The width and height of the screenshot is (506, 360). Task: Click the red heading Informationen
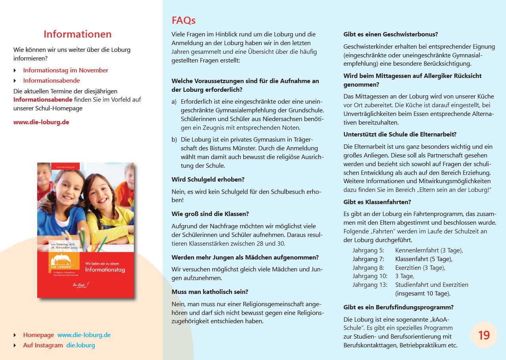pyautogui.click(x=78, y=34)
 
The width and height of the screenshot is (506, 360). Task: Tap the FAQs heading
pyautogui.click(x=184, y=20)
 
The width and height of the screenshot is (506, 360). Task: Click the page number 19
pyautogui.click(x=484, y=335)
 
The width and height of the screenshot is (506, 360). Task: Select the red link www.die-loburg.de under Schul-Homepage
pyautogui.click(x=41, y=122)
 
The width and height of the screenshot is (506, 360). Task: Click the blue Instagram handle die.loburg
pyautogui.click(x=80, y=345)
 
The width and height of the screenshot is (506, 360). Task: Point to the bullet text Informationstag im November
pyautogui.click(x=66, y=70)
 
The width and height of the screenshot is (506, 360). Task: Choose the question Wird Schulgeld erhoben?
pyautogui.click(x=208, y=179)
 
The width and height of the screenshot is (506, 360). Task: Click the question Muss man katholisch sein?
pyautogui.click(x=210, y=292)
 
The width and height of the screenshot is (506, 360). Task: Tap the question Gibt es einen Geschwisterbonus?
pyautogui.click(x=390, y=34)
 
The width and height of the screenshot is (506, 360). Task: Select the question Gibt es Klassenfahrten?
pyautogui.click(x=377, y=202)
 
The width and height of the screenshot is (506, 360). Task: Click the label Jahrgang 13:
pyautogui.click(x=370, y=284)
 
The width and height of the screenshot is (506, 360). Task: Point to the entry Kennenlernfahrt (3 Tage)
pyautogui.click(x=429, y=250)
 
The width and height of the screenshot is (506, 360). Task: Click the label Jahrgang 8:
pyautogui.click(x=368, y=267)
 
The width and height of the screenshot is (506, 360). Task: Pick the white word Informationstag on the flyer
pyautogui.click(x=105, y=270)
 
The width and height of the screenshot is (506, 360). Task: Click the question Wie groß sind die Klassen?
pyautogui.click(x=210, y=214)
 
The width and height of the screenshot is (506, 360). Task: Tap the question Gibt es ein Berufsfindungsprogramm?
pyautogui.click(x=398, y=307)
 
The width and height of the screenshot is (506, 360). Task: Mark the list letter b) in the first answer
pyautogui.click(x=174, y=139)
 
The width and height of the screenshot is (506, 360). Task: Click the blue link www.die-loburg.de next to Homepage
pyautogui.click(x=84, y=335)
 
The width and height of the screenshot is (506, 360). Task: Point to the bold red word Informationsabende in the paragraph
pyautogui.click(x=43, y=99)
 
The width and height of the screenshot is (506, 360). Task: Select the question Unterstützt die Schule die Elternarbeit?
pyautogui.click(x=400, y=134)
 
